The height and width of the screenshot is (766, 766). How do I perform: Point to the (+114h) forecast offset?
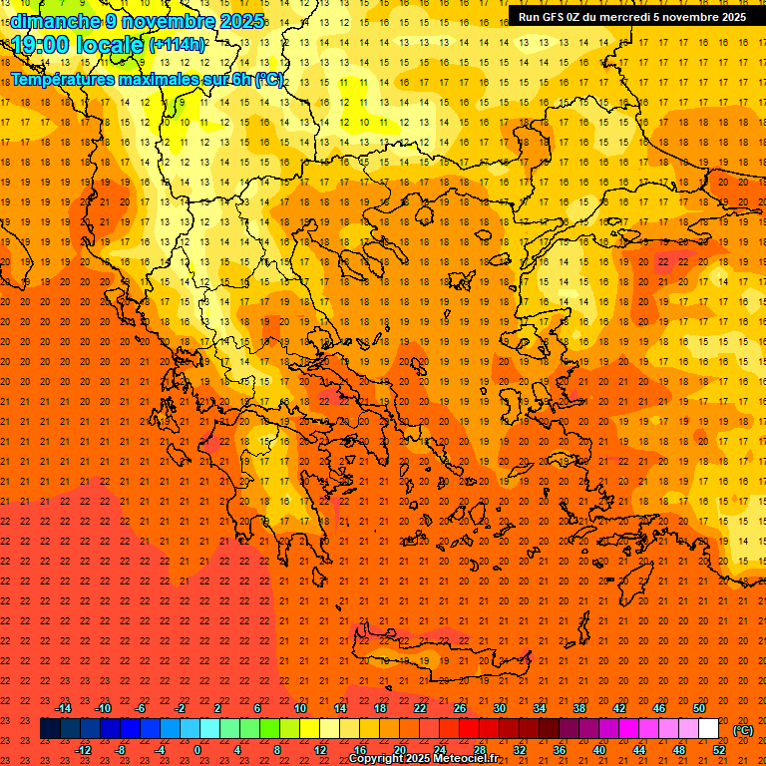(x=177, y=45)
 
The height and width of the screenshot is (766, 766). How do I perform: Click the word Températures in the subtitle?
(x=64, y=79)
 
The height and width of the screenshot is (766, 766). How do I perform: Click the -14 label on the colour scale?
(x=64, y=708)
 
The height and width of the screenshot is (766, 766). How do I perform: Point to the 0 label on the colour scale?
(x=197, y=750)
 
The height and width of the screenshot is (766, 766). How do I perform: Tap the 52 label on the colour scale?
(x=719, y=750)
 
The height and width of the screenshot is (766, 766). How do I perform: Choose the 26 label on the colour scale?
(x=460, y=708)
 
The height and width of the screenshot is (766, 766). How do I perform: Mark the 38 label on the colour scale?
(x=579, y=708)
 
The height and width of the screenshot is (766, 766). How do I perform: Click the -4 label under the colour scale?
(x=160, y=750)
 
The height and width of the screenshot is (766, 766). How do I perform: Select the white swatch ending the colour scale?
(x=708, y=729)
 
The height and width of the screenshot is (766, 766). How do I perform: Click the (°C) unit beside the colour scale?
(x=743, y=730)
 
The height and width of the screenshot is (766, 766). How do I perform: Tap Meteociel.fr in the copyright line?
(x=466, y=759)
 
